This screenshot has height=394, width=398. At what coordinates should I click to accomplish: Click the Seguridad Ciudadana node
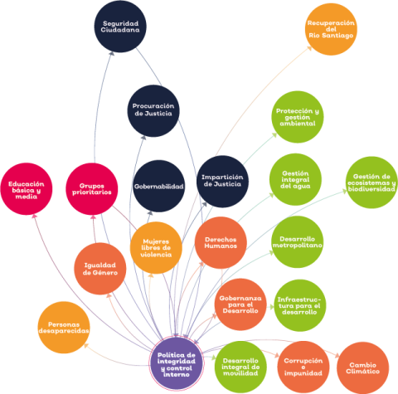[120, 27]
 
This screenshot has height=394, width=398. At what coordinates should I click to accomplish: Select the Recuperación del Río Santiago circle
[331, 29]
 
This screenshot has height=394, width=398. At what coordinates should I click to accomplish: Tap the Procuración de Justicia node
[153, 110]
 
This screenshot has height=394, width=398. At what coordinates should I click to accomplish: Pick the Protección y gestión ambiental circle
[298, 117]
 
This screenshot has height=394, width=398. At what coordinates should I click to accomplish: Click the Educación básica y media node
[27, 189]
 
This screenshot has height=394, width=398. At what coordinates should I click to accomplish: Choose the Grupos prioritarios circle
[92, 189]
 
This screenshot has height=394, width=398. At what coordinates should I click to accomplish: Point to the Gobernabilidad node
[159, 186]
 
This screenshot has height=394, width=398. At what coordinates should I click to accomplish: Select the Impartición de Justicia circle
[222, 182]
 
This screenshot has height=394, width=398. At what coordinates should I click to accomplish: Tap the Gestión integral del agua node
[295, 179]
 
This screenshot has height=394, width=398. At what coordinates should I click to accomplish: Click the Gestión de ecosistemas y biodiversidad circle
[371, 182]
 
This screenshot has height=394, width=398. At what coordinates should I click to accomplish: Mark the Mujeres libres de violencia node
[156, 248]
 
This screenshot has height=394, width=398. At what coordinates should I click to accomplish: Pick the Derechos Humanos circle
[221, 243]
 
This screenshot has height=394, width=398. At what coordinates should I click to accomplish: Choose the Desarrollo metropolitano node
[298, 242]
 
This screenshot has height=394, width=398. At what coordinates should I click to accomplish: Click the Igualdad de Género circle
[100, 269]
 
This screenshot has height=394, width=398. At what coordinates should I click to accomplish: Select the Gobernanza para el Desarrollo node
[240, 304]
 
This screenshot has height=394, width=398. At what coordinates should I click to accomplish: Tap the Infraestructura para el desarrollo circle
[299, 305]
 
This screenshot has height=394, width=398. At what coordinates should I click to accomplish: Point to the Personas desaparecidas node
[64, 328]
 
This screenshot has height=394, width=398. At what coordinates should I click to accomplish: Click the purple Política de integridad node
[177, 364]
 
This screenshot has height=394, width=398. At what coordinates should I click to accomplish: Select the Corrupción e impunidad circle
[303, 367]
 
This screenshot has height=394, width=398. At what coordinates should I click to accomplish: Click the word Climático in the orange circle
[362, 372]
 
